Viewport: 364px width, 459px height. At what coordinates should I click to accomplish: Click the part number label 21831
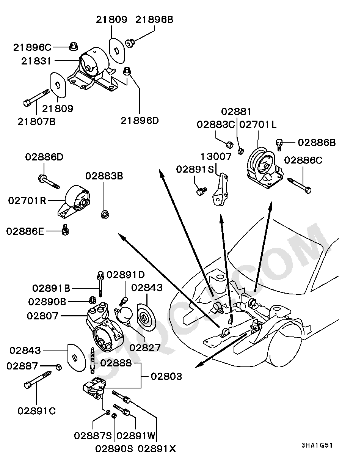click(x=36, y=61)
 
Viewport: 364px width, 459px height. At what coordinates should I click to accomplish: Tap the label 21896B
click(x=154, y=20)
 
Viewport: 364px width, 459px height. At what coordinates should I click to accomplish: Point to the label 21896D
click(x=140, y=121)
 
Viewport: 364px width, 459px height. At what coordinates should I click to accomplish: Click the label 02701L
click(x=258, y=124)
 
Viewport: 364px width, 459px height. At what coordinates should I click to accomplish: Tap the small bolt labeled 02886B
click(x=279, y=145)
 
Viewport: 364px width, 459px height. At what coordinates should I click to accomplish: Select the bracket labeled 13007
click(x=221, y=189)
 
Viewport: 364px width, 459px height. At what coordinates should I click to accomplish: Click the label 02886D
click(x=44, y=157)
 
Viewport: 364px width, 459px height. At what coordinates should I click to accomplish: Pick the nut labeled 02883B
click(x=105, y=214)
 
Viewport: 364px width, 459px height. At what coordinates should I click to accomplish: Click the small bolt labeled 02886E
click(x=65, y=230)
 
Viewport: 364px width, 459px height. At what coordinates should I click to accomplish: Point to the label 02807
click(x=42, y=316)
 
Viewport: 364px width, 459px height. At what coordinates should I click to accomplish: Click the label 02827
click(x=145, y=348)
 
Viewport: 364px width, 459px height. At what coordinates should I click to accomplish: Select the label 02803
click(x=166, y=376)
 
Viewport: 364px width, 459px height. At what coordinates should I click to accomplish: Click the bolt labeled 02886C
click(x=300, y=186)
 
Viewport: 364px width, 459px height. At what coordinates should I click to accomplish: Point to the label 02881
click(x=236, y=112)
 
